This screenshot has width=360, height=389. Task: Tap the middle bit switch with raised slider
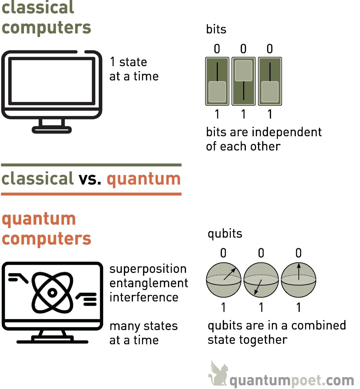click(243, 81)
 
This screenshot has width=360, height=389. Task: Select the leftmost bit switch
click(217, 81)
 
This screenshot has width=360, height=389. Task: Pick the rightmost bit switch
click(270, 81)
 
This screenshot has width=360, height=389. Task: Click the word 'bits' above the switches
click(216, 29)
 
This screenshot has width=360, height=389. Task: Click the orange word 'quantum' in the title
click(144, 179)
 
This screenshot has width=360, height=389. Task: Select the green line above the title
click(91, 165)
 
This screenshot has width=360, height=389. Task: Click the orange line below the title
click(91, 194)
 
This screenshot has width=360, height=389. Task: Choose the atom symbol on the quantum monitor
click(53, 293)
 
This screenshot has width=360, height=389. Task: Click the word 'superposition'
click(148, 269)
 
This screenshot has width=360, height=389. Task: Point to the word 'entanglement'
click(149, 283)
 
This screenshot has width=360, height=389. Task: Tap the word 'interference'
click(144, 297)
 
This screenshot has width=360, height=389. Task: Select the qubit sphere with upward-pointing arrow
click(299, 280)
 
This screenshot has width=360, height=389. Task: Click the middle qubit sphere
click(261, 280)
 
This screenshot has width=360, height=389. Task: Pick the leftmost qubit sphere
click(224, 280)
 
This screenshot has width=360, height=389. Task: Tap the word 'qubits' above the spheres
click(225, 234)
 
